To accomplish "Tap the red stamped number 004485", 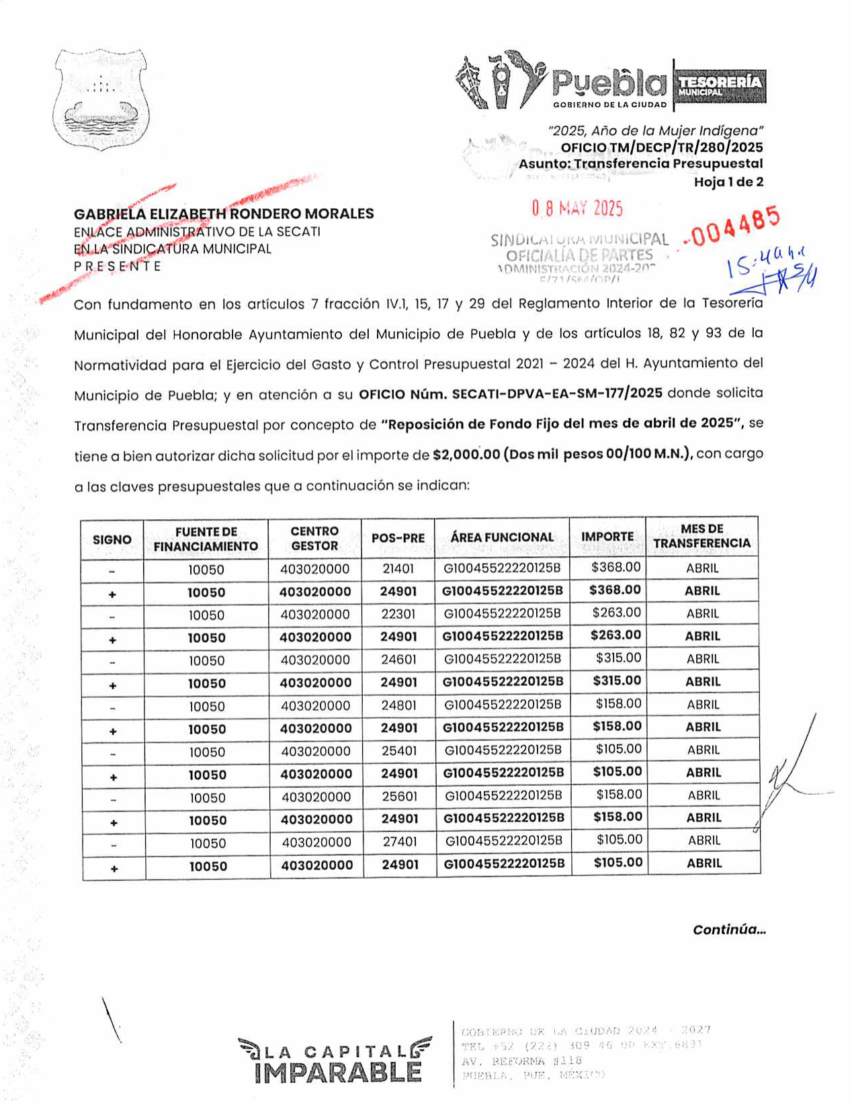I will point(735,226).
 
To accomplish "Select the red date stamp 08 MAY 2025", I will point(577,208).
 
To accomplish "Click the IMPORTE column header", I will point(607,537).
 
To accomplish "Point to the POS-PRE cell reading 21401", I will point(398,569).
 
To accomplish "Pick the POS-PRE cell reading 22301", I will point(398,614).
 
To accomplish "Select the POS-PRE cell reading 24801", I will point(398,705).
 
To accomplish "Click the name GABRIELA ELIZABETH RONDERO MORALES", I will point(224,214).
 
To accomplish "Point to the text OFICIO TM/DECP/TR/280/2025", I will point(661,148).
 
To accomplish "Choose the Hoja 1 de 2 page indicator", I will point(728,182).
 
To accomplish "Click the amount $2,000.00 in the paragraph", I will point(466,455).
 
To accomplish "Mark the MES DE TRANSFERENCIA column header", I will point(701,536).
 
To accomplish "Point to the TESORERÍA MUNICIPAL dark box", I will point(720,85).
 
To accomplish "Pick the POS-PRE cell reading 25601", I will point(399,796).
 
